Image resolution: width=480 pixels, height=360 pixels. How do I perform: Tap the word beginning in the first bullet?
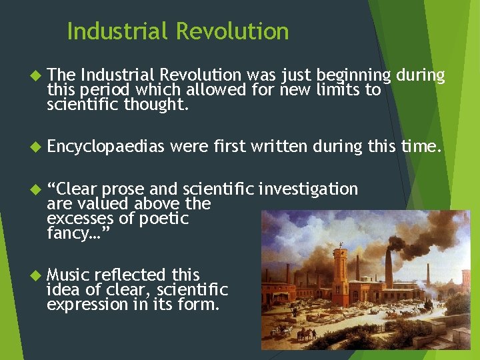[x=353, y=75]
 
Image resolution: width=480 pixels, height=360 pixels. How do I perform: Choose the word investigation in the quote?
[x=309, y=189]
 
